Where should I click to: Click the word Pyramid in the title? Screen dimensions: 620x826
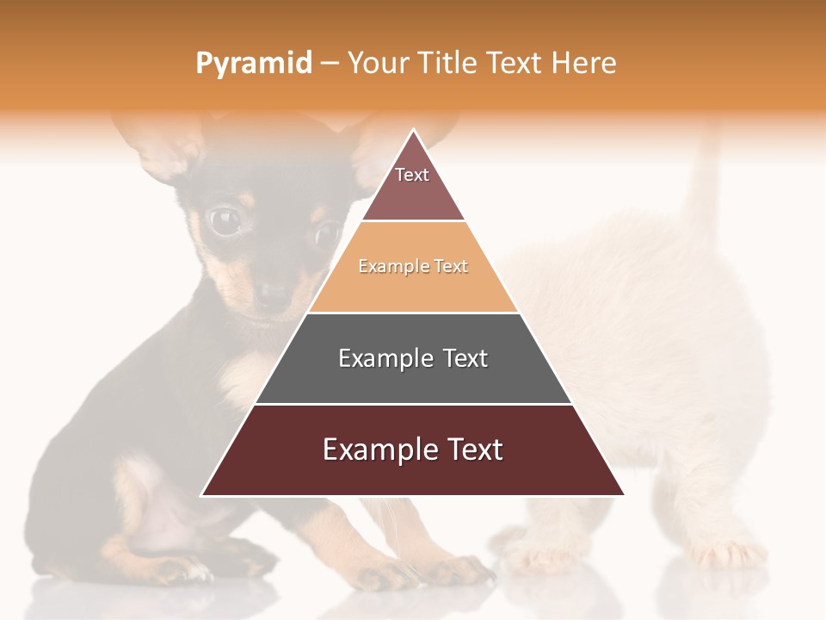tap(253, 64)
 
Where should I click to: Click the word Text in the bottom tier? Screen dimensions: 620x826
tap(472, 449)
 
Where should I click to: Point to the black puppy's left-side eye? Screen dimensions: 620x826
tap(225, 221)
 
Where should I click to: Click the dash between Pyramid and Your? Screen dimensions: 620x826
tap(330, 64)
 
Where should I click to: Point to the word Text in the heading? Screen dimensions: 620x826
tap(515, 64)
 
